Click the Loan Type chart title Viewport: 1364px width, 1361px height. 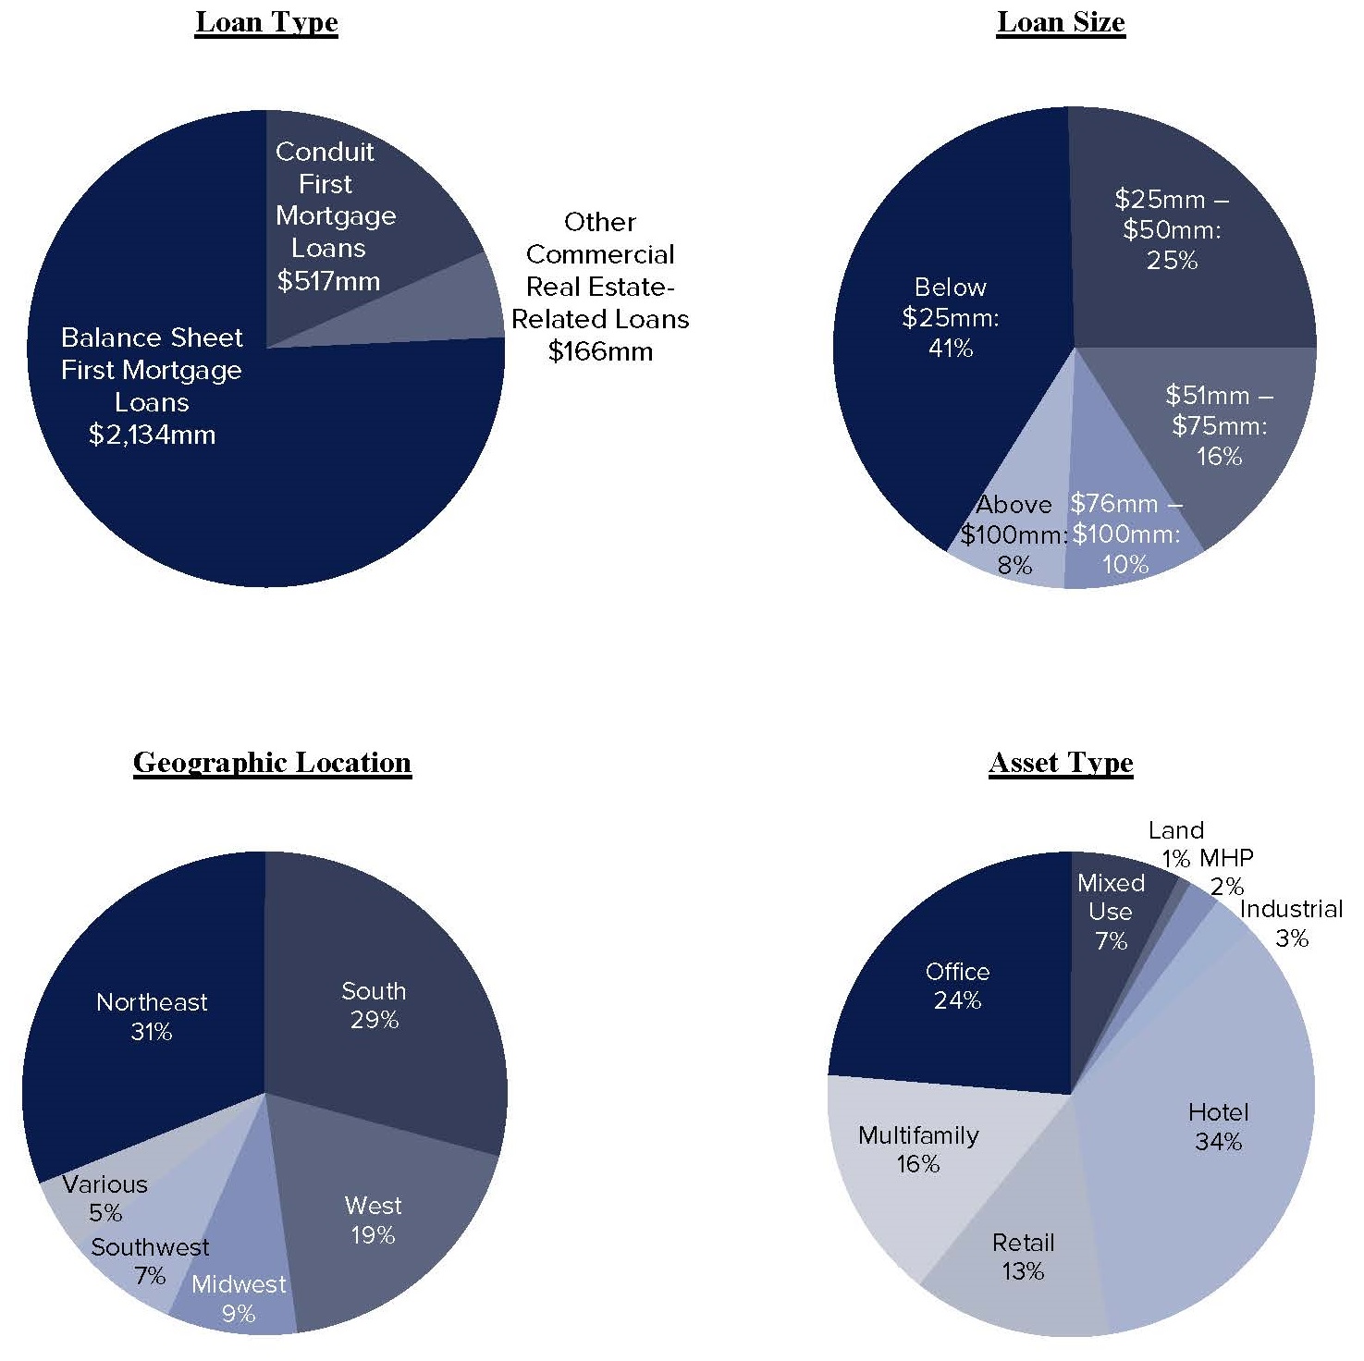click(266, 22)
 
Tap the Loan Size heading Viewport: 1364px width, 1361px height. click(1061, 22)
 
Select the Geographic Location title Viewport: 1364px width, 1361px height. click(272, 762)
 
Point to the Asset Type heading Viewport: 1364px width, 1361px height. click(1061, 763)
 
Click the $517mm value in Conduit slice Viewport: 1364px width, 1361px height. click(328, 281)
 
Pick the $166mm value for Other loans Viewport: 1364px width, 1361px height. click(600, 351)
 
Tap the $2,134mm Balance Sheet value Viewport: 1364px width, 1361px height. click(152, 435)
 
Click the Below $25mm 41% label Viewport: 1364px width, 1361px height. click(951, 317)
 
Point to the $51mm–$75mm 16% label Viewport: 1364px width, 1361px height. click(1219, 425)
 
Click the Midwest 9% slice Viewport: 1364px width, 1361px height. click(239, 1299)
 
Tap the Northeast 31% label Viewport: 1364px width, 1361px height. click(152, 1016)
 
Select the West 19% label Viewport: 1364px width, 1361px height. click(373, 1220)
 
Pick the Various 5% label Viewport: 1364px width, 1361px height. click(105, 1198)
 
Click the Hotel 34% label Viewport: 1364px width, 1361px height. click(1218, 1126)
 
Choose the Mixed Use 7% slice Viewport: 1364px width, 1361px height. click(1111, 912)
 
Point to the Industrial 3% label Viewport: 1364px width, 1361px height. click(1291, 923)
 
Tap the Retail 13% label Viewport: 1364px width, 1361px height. click(1023, 1257)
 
